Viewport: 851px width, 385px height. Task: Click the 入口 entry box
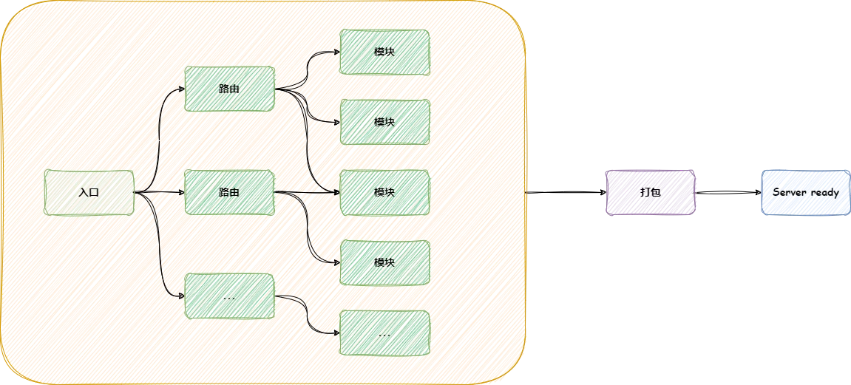point(89,192)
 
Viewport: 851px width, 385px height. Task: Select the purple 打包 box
point(650,192)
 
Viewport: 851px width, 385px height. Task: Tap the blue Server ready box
point(805,192)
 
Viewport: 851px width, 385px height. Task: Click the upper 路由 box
point(229,89)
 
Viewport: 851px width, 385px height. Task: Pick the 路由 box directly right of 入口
point(229,192)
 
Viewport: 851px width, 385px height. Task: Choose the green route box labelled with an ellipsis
point(229,296)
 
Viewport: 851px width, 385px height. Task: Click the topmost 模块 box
point(384,52)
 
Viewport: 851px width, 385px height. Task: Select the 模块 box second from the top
point(384,122)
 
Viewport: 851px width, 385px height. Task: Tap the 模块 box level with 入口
point(384,192)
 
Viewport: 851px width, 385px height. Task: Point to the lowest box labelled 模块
point(384,262)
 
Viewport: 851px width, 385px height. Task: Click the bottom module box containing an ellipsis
point(384,333)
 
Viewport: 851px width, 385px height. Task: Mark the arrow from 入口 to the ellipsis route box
point(158,251)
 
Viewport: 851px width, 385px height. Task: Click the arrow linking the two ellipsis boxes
point(307,315)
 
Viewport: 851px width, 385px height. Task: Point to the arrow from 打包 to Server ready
point(728,192)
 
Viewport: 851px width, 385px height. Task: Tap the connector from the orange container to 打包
point(566,192)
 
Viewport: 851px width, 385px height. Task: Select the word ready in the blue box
point(824,192)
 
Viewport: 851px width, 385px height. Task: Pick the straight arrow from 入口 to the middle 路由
point(159,193)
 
